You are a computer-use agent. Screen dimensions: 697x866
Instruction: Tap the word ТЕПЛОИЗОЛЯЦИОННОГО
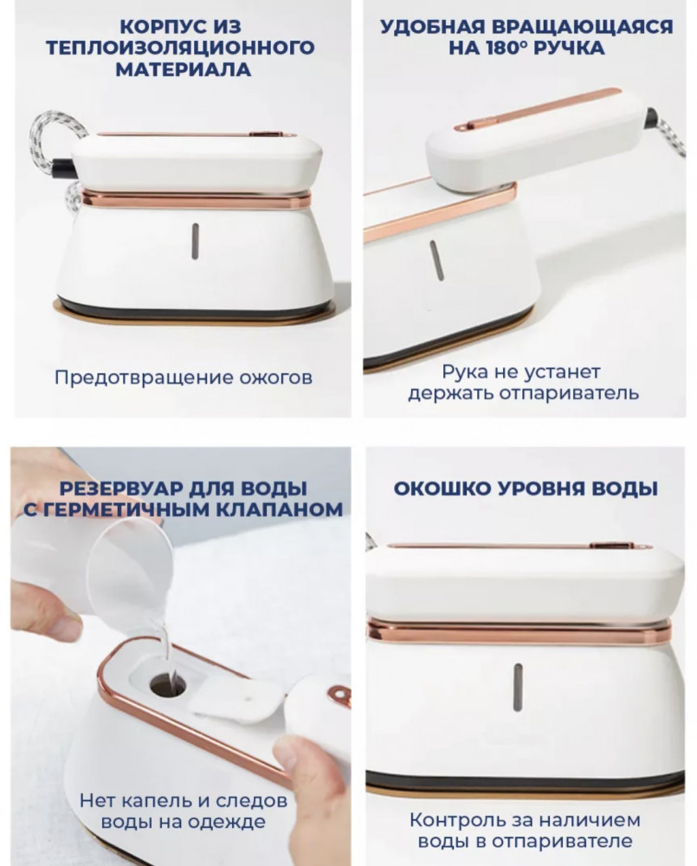181,48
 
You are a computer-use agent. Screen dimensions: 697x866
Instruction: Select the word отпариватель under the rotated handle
569,393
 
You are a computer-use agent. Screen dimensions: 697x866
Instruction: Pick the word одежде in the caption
227,821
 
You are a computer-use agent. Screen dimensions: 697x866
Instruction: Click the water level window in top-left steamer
195,242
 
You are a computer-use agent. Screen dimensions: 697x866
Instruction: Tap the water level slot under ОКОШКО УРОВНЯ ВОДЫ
518,687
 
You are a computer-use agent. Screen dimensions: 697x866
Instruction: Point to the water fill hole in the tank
168,687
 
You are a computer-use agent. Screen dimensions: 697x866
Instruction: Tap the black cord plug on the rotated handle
652,117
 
